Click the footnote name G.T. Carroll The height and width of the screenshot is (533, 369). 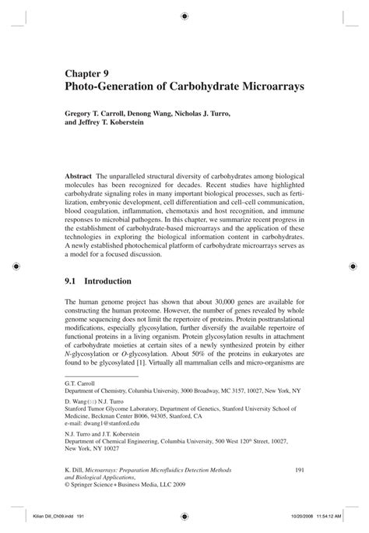click(x=82, y=383)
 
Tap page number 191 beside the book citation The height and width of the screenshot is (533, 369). click(x=297, y=469)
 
